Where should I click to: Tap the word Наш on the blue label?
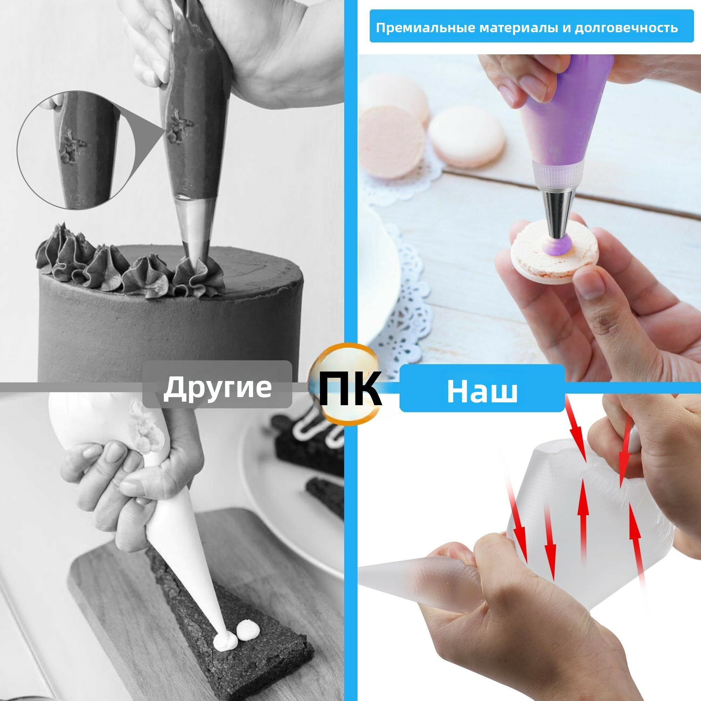pyautogui.click(x=482, y=391)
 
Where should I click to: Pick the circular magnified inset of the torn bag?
pyautogui.click(x=76, y=150)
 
